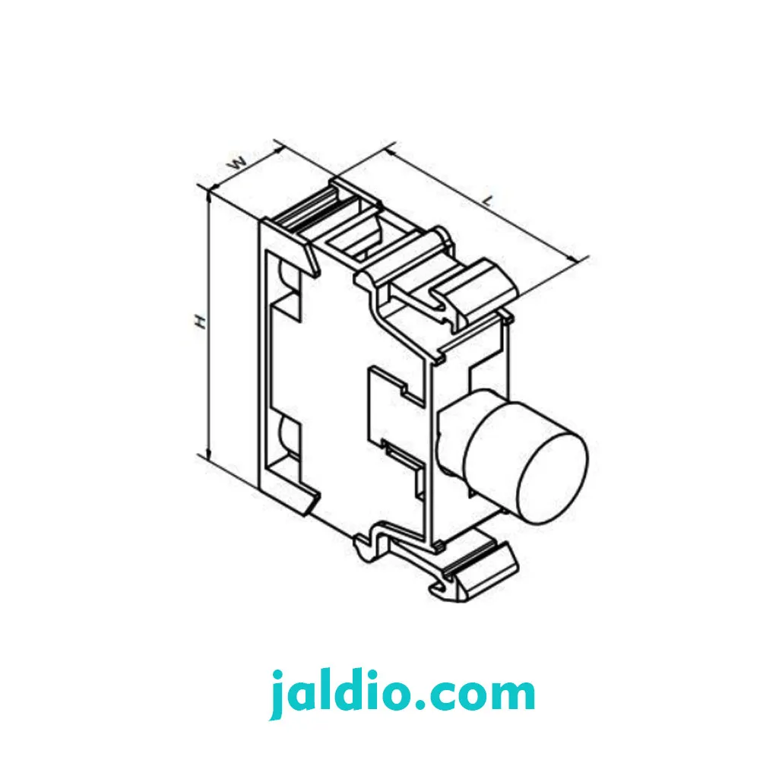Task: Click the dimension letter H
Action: pos(200,321)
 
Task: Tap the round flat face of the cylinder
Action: pos(553,479)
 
